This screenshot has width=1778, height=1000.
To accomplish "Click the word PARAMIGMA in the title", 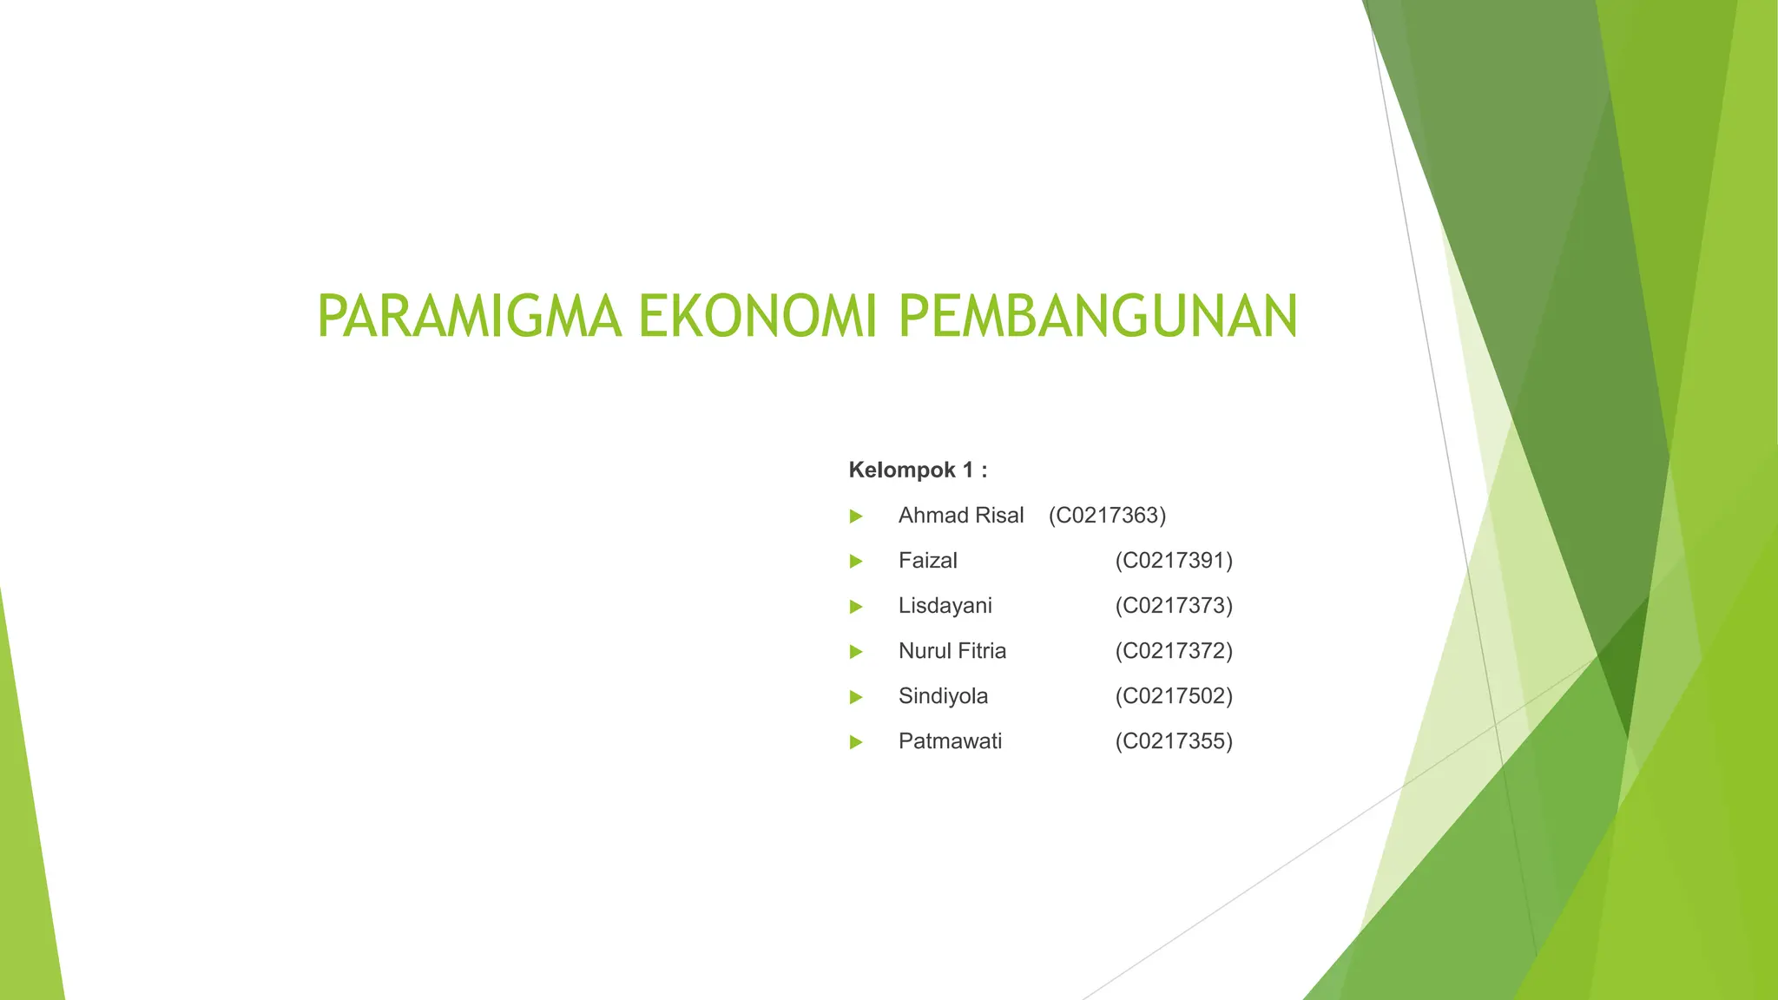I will [x=470, y=316].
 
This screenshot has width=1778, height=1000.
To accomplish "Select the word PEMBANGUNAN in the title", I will [x=1097, y=316].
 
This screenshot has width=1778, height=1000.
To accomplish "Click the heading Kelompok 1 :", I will [x=918, y=470].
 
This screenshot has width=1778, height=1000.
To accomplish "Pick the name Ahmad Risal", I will [x=961, y=516].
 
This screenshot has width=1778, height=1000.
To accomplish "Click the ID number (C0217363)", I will [x=1107, y=516].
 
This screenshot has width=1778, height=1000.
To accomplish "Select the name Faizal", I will [x=927, y=561].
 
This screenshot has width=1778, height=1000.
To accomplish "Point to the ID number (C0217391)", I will [x=1174, y=561].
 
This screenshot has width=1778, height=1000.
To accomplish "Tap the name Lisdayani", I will [x=945, y=606].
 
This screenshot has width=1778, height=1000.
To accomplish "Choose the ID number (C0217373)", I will [x=1174, y=606].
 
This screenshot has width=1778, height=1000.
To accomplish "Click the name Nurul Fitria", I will [x=952, y=651].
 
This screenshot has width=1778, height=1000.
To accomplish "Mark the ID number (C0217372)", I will [x=1174, y=651].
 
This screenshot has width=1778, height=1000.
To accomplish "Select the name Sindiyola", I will [x=943, y=696].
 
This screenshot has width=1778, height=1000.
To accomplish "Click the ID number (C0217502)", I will [x=1174, y=696].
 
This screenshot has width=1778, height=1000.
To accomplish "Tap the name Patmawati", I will [x=950, y=741].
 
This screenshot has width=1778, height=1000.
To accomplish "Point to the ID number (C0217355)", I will [x=1174, y=741].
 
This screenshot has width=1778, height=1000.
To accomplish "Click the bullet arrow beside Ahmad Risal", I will [x=856, y=516].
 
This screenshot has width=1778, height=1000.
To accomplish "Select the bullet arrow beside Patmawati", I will [x=856, y=742].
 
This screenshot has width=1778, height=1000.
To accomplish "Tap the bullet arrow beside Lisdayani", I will [x=856, y=607].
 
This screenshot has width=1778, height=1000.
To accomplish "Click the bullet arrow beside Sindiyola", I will [x=856, y=697].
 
